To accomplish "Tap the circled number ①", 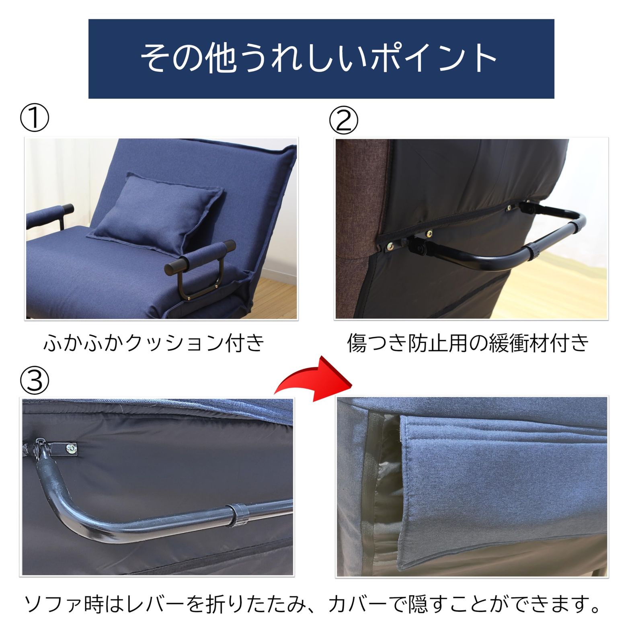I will click(x=35, y=119).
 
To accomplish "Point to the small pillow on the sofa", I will click(x=157, y=211).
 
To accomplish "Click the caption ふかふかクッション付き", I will click(x=154, y=343).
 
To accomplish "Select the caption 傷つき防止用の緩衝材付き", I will click(x=468, y=343).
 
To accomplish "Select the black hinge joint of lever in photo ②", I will click(x=418, y=246).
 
